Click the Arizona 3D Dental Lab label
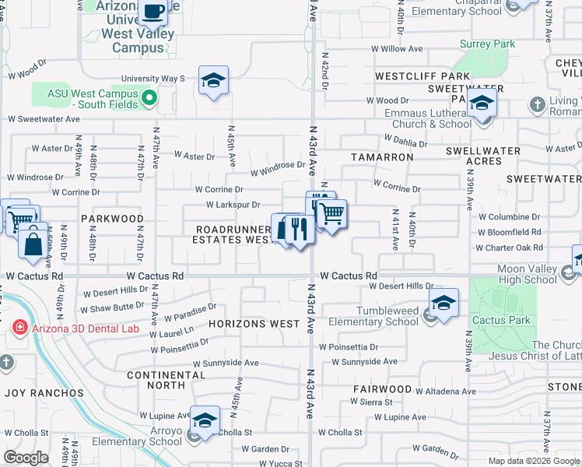pos(86,328)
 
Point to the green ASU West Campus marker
pos(153,100)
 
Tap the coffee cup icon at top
pos(154,11)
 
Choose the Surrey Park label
pos(488,44)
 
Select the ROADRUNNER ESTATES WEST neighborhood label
pos(233,235)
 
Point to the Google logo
pos(26,457)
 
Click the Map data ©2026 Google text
pos(534,461)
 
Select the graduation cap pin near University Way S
pos(213,80)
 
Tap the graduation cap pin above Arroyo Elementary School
pos(204,421)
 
